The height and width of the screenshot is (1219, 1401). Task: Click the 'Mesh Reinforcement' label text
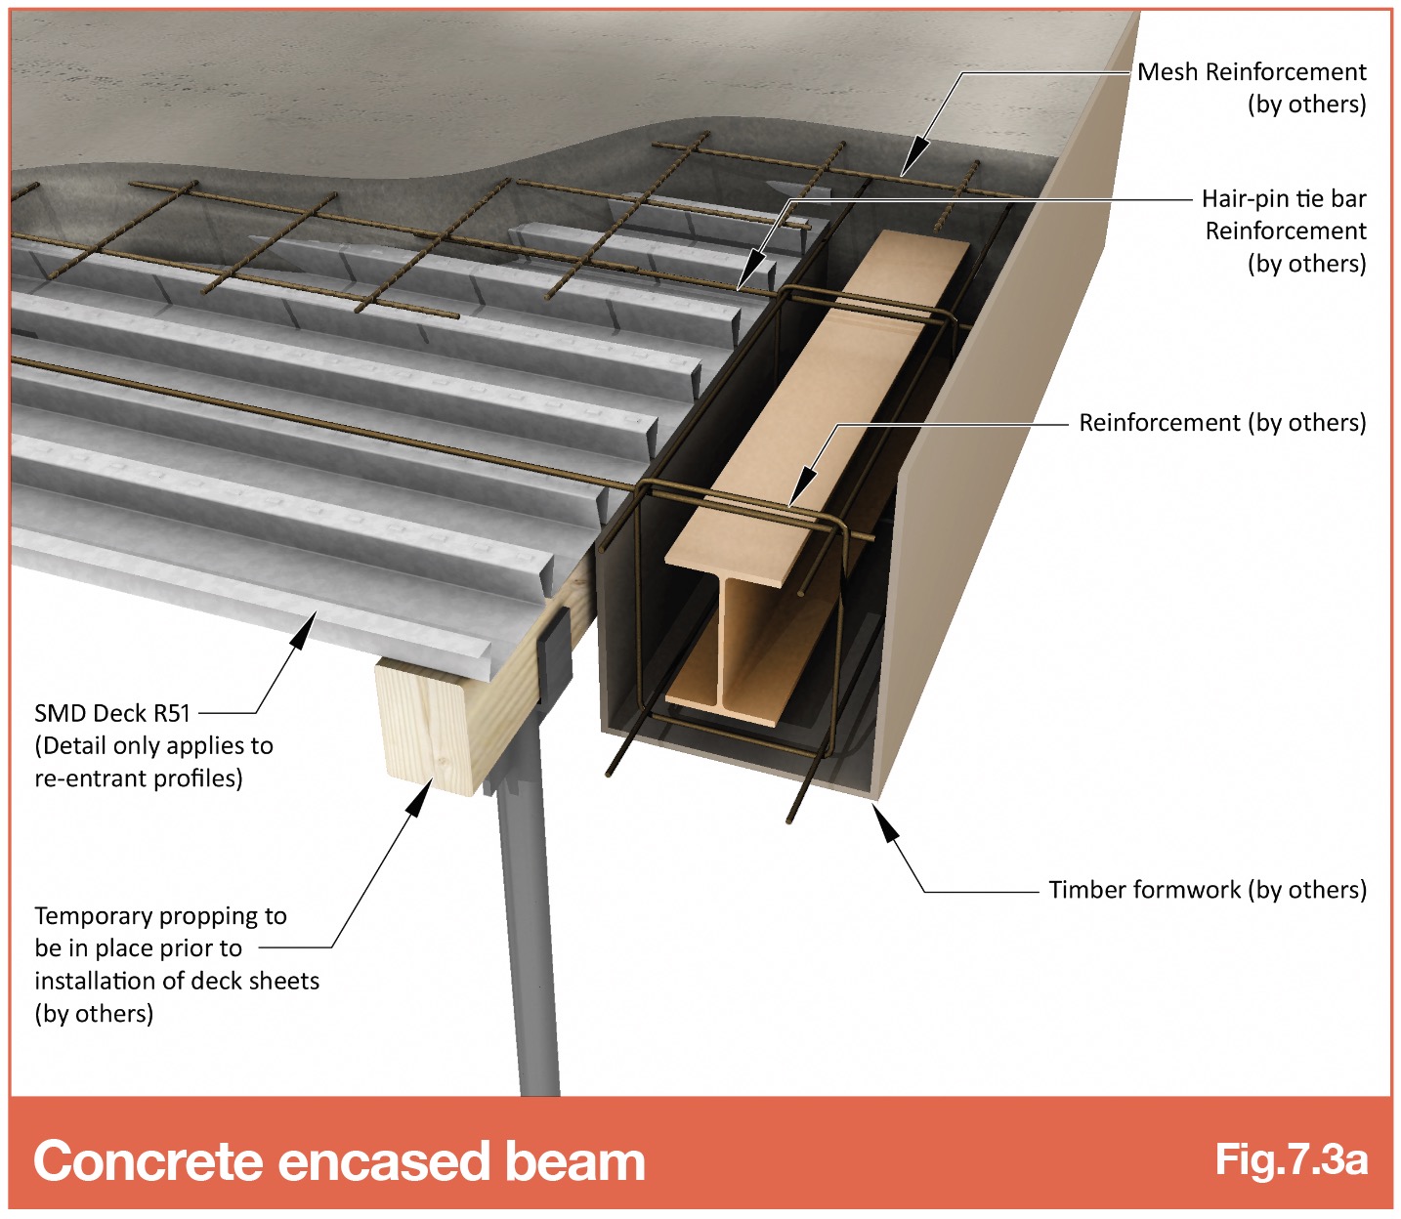(x=1252, y=72)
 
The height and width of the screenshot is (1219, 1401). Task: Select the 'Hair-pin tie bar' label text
(x=1284, y=199)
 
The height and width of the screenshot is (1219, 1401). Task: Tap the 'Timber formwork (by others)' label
(x=1208, y=890)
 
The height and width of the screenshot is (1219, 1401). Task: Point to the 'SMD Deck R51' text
(x=112, y=713)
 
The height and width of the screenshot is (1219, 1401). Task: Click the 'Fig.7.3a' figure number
(x=1292, y=1160)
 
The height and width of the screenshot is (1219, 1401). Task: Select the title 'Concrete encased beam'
(x=340, y=1161)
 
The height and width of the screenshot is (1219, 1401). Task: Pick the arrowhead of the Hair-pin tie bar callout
(x=750, y=272)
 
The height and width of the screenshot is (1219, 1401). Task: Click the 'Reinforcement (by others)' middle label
(x=1223, y=423)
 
